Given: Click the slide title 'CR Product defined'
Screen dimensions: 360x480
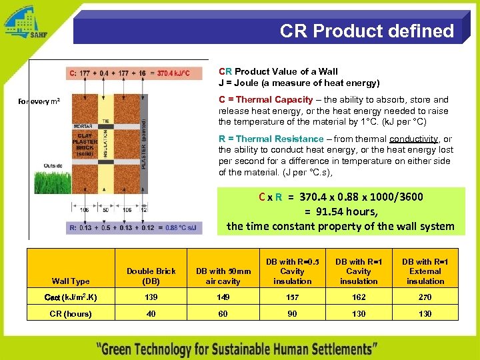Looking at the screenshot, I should pos(367,31).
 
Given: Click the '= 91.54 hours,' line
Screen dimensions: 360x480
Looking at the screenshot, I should pos(341,211).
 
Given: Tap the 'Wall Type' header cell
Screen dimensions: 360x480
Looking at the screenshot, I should pos(71,281).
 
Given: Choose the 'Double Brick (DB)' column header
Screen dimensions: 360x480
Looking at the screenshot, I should pos(151,276).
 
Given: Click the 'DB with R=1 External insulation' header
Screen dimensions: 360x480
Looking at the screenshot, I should pos(425,271).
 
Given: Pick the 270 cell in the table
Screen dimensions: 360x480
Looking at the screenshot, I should pos(425,297).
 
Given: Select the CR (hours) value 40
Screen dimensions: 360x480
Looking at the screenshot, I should pos(151,313).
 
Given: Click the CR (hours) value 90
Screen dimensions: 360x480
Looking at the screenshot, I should pos(292,313).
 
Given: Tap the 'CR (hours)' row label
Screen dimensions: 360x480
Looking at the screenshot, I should pos(71,313).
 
